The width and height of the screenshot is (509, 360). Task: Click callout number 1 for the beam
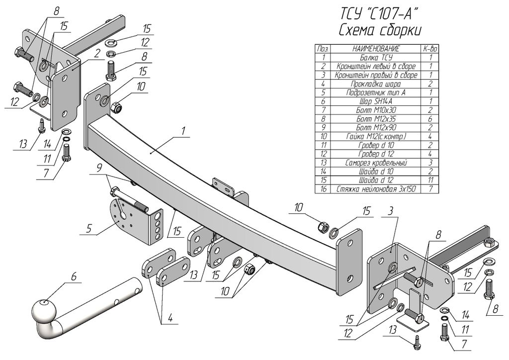[183, 131]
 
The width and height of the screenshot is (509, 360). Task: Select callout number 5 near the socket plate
[88, 228]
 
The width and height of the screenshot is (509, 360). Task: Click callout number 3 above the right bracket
[391, 211]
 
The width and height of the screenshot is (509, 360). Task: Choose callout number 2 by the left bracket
[96, 54]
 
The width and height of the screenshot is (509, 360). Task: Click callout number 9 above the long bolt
[99, 168]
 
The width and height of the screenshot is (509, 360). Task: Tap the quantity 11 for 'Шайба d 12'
[430, 180]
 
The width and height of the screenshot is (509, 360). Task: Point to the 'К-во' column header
[430, 49]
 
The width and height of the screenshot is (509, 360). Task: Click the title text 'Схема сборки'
[380, 31]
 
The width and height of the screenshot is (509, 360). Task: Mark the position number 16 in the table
[323, 189]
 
